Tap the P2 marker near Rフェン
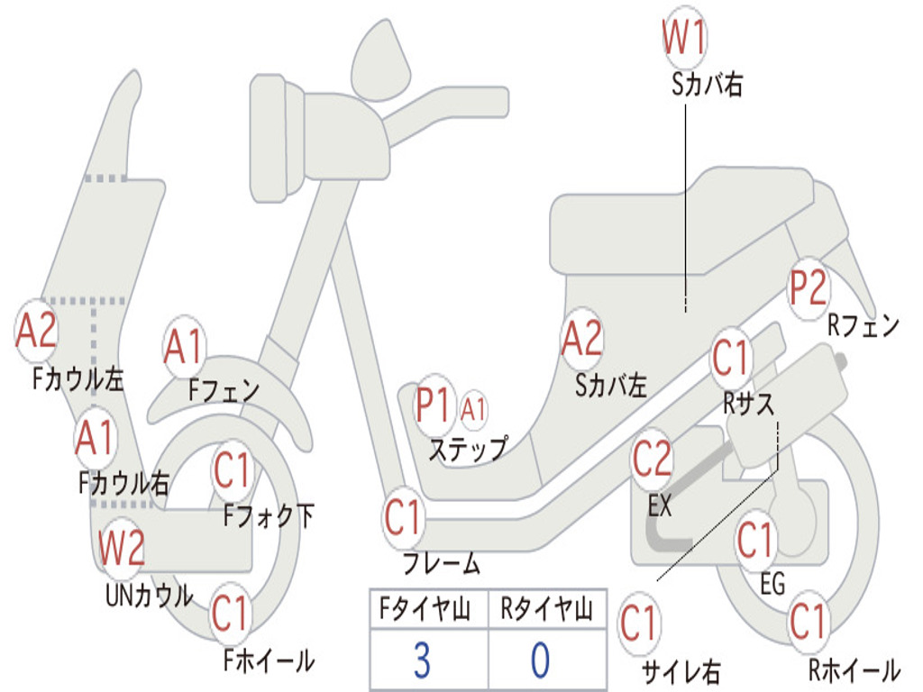[808, 288]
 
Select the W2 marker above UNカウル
[122, 548]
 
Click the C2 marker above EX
[652, 460]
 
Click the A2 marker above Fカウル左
[36, 331]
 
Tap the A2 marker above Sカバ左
[582, 339]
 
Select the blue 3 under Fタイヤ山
[422, 660]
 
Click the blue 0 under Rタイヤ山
[541, 660]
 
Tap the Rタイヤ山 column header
[546, 608]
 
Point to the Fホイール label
[269, 660]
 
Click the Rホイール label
[854, 669]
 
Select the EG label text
[772, 584]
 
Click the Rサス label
[748, 405]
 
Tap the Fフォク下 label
[269, 516]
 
